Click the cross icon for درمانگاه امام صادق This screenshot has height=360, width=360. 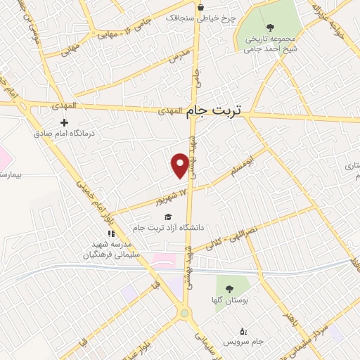pyautogui.click(x=65, y=122)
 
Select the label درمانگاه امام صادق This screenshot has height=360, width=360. pyautogui.click(x=65, y=133)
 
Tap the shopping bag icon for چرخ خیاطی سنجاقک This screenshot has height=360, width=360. pyautogui.click(x=201, y=8)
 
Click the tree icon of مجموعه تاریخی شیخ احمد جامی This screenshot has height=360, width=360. pyautogui.click(x=271, y=27)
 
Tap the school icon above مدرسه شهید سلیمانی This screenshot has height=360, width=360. pyautogui.click(x=110, y=233)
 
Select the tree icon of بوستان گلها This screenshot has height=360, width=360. pyautogui.click(x=228, y=288)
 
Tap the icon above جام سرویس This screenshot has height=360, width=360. pyautogui.click(x=243, y=330)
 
